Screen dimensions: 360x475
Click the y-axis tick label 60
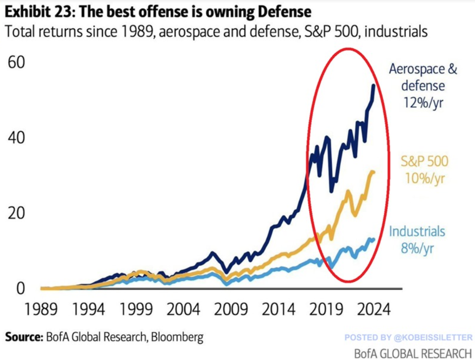pyautogui.click(x=18, y=63)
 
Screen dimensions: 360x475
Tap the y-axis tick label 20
pyautogui.click(x=18, y=213)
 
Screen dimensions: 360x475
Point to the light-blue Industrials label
pyautogui.click(x=417, y=232)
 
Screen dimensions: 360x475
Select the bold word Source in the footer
pyautogui.click(x=23, y=337)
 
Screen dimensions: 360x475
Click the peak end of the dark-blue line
pyautogui.click(x=373, y=85)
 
